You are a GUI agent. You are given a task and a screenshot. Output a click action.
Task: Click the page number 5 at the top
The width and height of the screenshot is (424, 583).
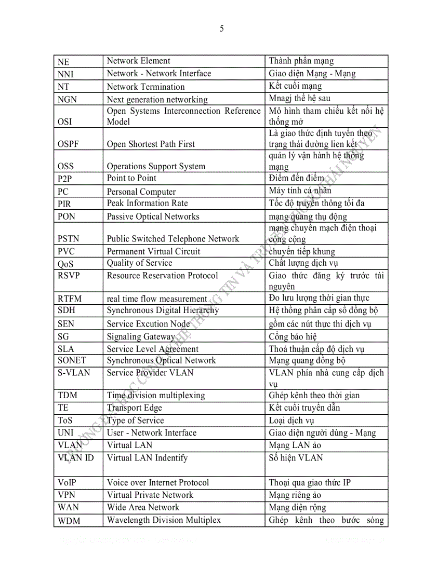[x=222, y=29]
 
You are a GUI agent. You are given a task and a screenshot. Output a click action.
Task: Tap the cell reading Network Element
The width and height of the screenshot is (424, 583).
[x=138, y=61]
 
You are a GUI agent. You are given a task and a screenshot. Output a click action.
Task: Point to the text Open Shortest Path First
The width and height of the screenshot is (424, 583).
[x=151, y=144]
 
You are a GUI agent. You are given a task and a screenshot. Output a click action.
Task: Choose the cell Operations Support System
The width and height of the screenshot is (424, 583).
[x=156, y=167]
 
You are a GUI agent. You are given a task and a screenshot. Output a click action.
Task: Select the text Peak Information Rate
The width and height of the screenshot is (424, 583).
[x=147, y=204]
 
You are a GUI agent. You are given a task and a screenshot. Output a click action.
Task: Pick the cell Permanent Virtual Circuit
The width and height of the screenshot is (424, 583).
[x=153, y=252]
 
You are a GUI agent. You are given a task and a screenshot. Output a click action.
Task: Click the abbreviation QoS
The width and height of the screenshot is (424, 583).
[x=66, y=264]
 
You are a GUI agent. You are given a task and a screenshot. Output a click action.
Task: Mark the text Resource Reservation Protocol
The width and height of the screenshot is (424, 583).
[x=162, y=276]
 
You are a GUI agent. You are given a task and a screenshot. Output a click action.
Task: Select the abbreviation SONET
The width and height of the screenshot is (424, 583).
[x=72, y=360]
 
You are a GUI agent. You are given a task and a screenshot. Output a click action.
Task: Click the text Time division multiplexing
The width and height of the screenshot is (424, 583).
[x=156, y=396]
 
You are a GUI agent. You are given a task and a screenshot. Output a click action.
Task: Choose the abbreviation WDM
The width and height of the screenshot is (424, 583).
[x=69, y=521]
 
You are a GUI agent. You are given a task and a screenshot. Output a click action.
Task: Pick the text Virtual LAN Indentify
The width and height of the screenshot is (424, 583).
[x=147, y=458]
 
